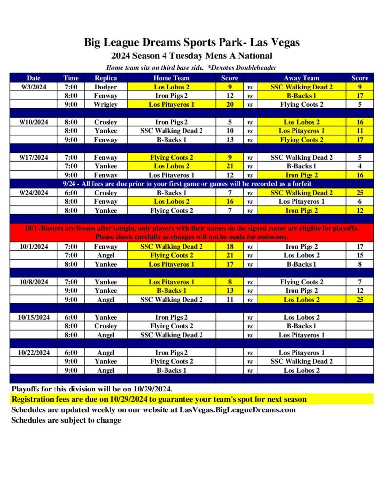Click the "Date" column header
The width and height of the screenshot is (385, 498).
(x=34, y=78)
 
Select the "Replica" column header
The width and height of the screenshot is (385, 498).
(x=106, y=78)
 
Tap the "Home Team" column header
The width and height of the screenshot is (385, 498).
(x=171, y=78)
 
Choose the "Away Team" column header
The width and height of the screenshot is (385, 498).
(x=301, y=78)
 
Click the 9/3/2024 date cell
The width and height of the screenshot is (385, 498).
(x=34, y=87)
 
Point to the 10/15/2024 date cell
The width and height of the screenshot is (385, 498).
(x=34, y=317)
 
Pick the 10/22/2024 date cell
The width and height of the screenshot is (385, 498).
(x=34, y=353)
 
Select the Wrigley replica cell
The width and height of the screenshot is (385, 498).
(x=106, y=104)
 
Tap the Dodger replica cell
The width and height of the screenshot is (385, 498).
(x=106, y=87)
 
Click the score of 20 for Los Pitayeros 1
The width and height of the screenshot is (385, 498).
(x=230, y=104)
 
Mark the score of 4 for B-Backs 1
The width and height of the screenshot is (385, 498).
(x=360, y=166)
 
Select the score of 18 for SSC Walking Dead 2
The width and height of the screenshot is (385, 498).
(x=230, y=247)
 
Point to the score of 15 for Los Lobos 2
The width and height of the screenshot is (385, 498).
(x=360, y=255)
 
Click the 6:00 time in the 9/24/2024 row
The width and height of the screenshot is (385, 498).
(x=71, y=193)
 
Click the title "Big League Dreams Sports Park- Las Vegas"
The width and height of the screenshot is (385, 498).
(x=192, y=42)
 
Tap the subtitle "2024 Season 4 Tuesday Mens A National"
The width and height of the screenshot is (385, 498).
(x=192, y=56)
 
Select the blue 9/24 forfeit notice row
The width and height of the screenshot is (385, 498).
(x=192, y=184)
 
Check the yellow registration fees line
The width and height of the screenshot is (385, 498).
(x=159, y=399)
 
